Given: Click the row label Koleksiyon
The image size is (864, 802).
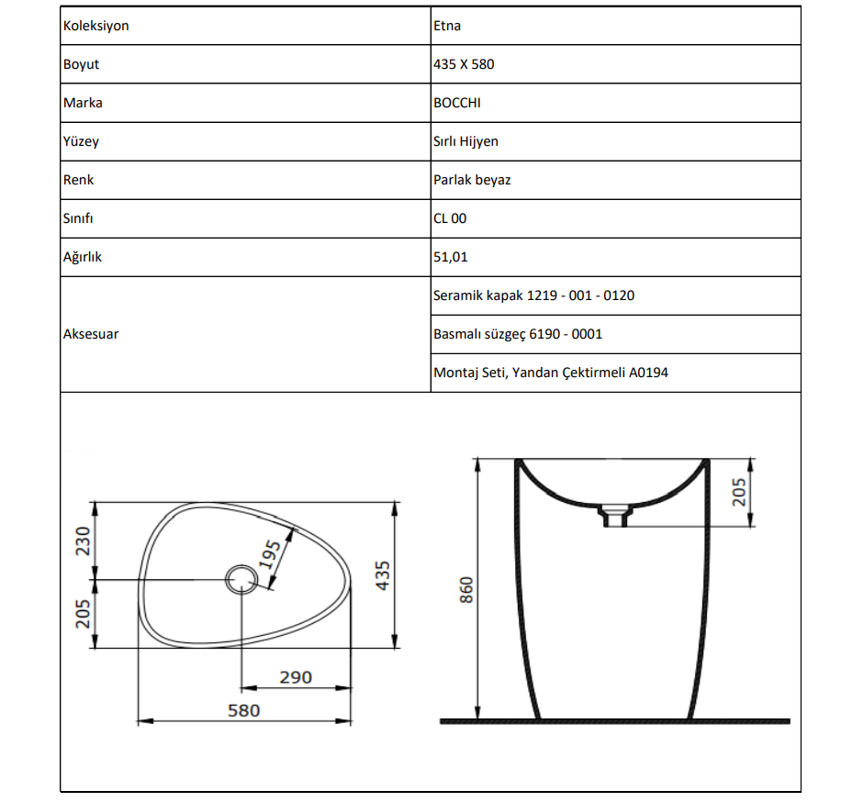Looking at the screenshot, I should coord(95,26).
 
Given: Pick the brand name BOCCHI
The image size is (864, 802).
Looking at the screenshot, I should coord(456,103).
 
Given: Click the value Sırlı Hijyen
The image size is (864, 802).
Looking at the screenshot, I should coord(466,141).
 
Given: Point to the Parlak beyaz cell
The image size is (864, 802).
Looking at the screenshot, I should coord(472,180).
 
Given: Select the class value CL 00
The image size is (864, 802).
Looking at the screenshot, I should coord(450,218).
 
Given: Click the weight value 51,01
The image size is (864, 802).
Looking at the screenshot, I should coord(450,257).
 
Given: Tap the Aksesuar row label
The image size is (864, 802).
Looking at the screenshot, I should coord(90,334).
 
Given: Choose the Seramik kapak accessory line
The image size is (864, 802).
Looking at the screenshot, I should coord(533,295).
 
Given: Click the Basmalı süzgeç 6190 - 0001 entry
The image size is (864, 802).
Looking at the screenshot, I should coord(518,334).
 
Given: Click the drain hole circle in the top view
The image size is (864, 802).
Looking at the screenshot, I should coord(241,579).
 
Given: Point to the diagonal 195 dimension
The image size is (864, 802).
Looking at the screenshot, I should coord(271,553).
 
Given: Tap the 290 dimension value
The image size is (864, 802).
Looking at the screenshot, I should coord(296,677).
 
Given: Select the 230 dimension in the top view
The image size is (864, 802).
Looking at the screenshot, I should coord(82,541).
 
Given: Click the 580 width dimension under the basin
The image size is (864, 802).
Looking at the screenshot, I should coord(243,710).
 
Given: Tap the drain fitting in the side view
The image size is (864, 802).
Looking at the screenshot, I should coord(612,516).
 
